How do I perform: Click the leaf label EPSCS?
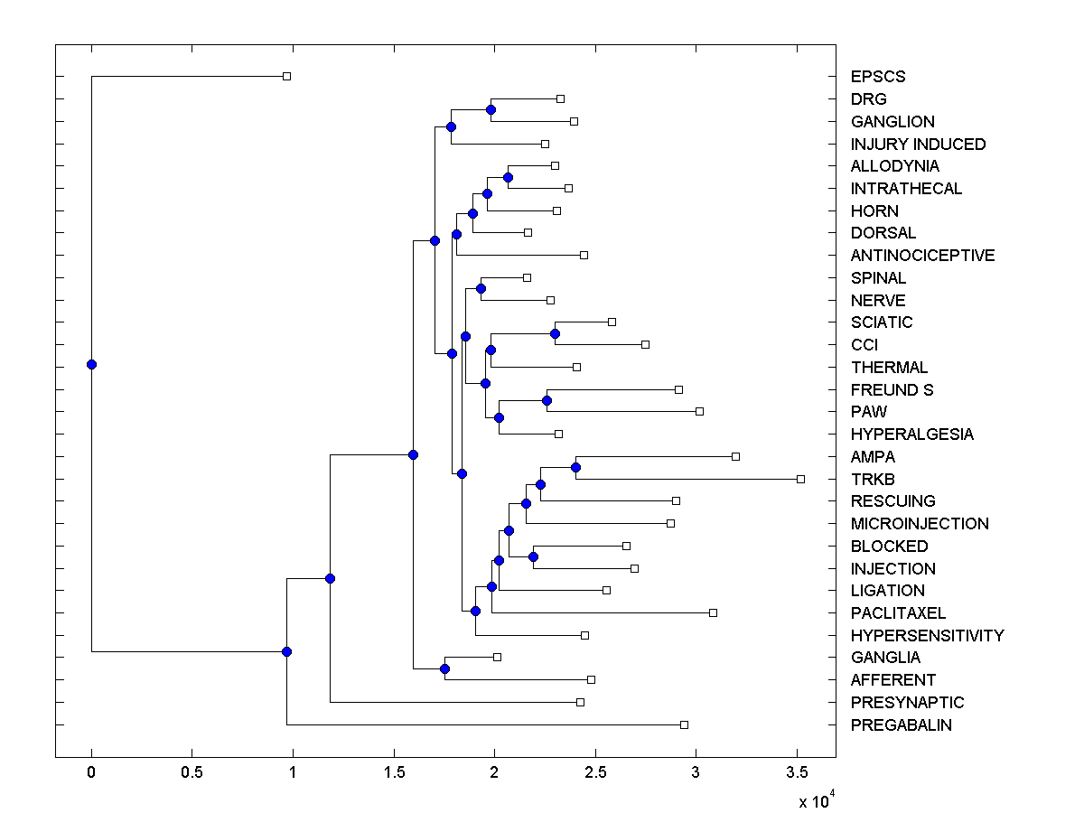click(x=877, y=77)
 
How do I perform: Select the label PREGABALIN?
click(x=901, y=724)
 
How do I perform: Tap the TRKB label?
click(x=873, y=479)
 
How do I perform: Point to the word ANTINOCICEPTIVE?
click(x=922, y=256)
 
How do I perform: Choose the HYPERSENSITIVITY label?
click(x=927, y=635)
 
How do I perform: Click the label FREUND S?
click(x=892, y=389)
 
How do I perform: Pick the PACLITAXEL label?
click(x=898, y=612)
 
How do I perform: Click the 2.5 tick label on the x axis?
click(x=595, y=773)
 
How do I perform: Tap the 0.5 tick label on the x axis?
click(x=192, y=773)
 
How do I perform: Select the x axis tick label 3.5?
click(x=797, y=773)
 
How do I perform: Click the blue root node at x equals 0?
click(x=91, y=364)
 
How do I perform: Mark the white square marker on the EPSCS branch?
click(x=286, y=77)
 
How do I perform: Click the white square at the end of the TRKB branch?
click(x=800, y=479)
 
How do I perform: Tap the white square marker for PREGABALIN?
click(x=684, y=724)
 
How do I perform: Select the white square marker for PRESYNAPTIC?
click(x=580, y=702)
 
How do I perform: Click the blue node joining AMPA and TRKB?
click(x=575, y=467)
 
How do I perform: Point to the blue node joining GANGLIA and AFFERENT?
click(x=444, y=668)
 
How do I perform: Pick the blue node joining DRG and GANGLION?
click(x=491, y=109)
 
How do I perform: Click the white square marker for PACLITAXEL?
click(x=713, y=612)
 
